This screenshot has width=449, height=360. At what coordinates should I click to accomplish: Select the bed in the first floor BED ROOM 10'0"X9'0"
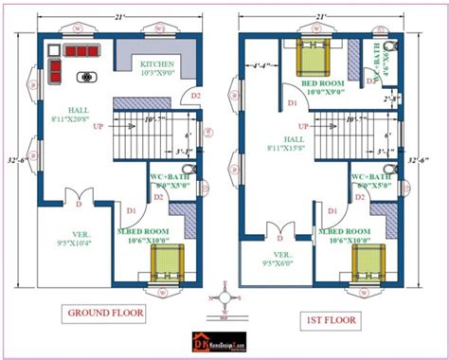tap(313, 59)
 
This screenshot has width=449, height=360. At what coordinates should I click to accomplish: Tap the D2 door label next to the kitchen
tap(196, 96)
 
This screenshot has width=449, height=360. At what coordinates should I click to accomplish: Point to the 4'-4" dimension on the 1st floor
tap(263, 66)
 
